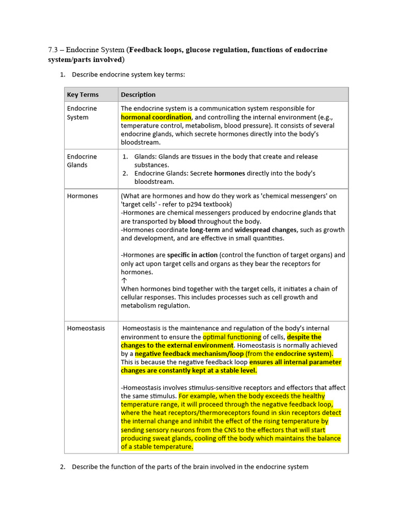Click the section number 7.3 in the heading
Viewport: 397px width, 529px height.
[x=53, y=50]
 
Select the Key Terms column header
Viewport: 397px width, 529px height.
[x=83, y=95]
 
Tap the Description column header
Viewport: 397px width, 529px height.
[x=138, y=95]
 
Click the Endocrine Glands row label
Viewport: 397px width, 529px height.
[x=82, y=161]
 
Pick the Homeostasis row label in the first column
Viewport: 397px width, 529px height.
[x=86, y=328]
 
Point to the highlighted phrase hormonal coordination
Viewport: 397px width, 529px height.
[x=156, y=117]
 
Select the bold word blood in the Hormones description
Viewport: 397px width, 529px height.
[x=187, y=221]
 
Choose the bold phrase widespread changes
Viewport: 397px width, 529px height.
[x=266, y=230]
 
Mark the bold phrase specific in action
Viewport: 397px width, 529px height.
[x=192, y=255]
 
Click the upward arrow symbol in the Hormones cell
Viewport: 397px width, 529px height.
[x=124, y=281]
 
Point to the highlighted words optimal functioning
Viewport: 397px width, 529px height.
[x=232, y=337]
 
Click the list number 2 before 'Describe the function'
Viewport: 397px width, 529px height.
[x=62, y=467]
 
